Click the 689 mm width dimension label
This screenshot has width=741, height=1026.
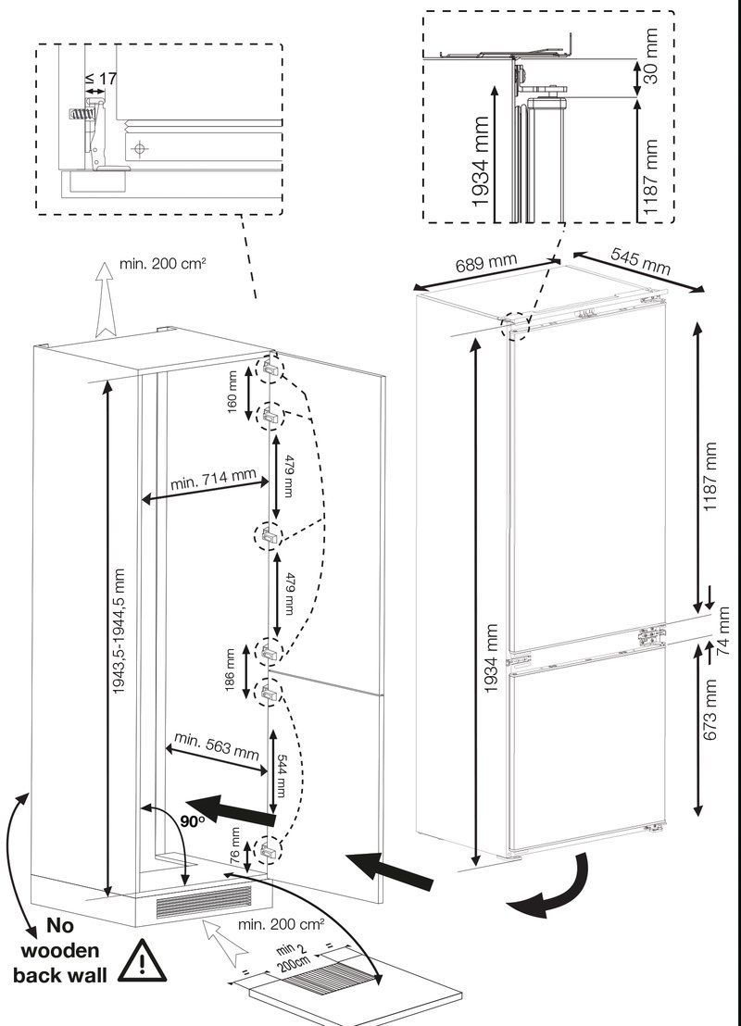[x=485, y=264]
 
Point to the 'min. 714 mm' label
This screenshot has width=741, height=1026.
[x=213, y=481]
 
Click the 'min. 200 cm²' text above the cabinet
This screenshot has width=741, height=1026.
[x=162, y=264]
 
